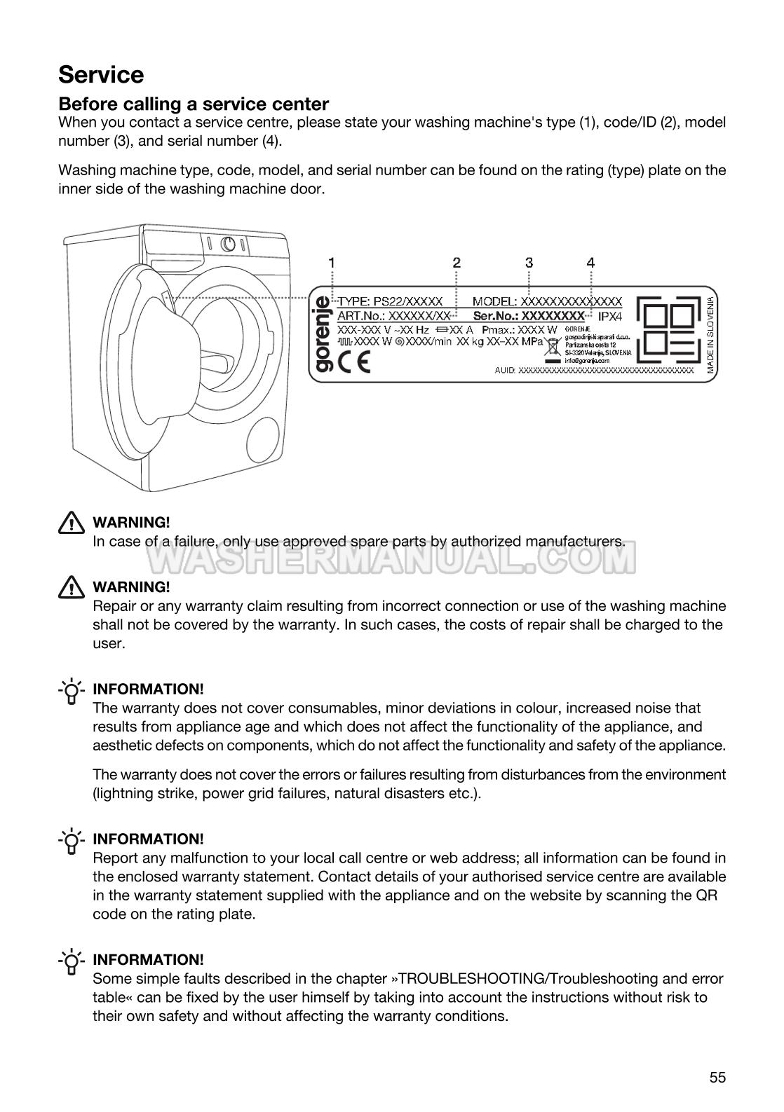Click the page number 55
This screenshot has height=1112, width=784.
[717, 1077]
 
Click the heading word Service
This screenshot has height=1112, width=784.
[101, 74]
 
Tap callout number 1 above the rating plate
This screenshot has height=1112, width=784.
[332, 262]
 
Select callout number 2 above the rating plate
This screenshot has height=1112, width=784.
[457, 262]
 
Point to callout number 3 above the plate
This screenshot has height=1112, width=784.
[529, 262]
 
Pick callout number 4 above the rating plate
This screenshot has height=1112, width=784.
[591, 262]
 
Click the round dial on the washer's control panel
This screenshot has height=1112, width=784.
[228, 244]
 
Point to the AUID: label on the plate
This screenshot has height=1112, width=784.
[505, 370]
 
